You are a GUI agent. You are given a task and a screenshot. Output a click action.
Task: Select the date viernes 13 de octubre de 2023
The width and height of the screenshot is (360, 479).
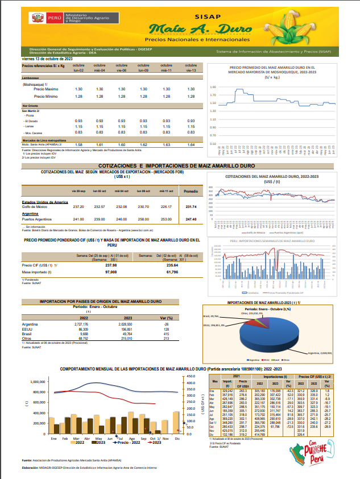point(47,59)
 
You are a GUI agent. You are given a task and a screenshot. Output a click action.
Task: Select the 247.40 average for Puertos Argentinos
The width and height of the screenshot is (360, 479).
point(191,219)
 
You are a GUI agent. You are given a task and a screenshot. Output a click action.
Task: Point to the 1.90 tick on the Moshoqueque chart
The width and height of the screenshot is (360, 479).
point(213,87)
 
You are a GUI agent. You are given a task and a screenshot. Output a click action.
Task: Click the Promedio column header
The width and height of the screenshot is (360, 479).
point(191,191)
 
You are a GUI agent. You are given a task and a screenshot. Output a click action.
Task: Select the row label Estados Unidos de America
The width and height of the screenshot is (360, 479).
point(45,202)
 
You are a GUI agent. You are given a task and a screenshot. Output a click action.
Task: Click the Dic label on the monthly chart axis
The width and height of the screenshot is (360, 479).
point(177,439)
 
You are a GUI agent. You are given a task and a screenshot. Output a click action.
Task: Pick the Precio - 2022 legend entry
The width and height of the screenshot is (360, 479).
point(128,443)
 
